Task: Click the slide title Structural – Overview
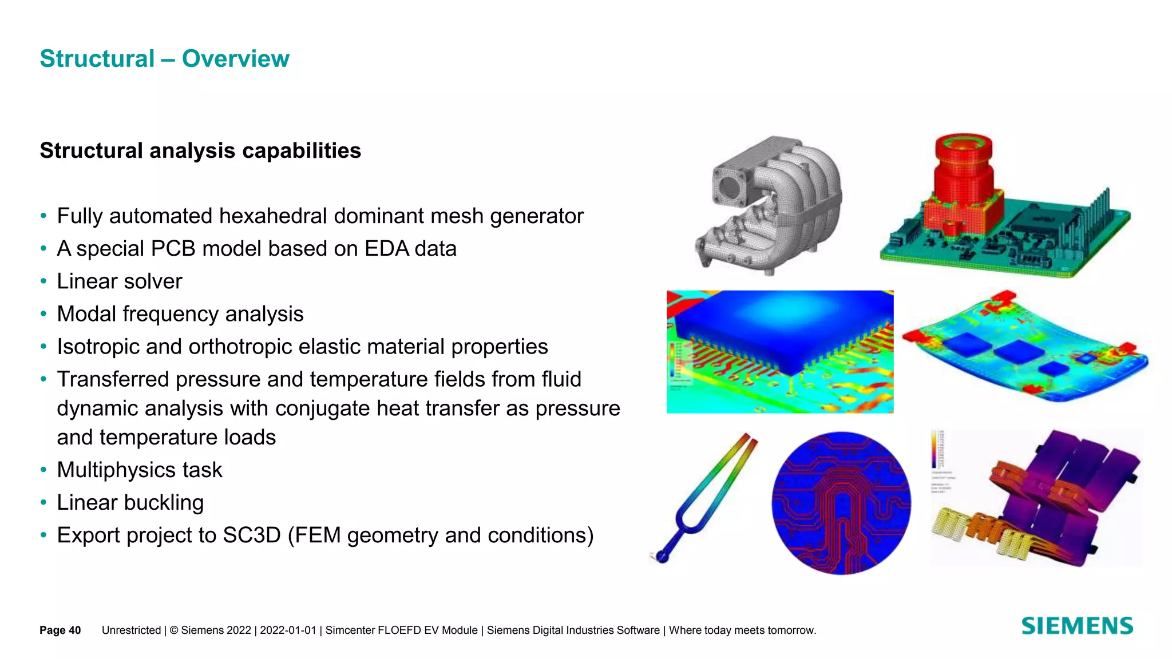164,59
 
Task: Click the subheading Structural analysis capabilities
200,151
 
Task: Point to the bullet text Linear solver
119,281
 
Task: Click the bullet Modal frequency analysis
180,314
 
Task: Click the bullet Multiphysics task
139,470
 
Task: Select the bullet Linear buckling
130,503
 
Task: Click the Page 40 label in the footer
60,630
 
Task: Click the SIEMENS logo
1077,626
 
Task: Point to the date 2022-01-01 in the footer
288,630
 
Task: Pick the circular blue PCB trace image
841,503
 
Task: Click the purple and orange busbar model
1047,498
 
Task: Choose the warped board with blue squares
1024,349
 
